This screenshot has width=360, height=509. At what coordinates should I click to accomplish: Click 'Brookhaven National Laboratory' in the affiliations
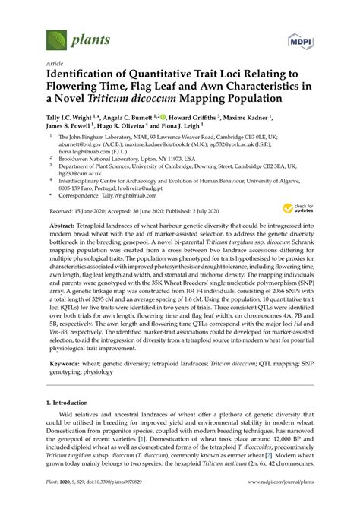[108, 164]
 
